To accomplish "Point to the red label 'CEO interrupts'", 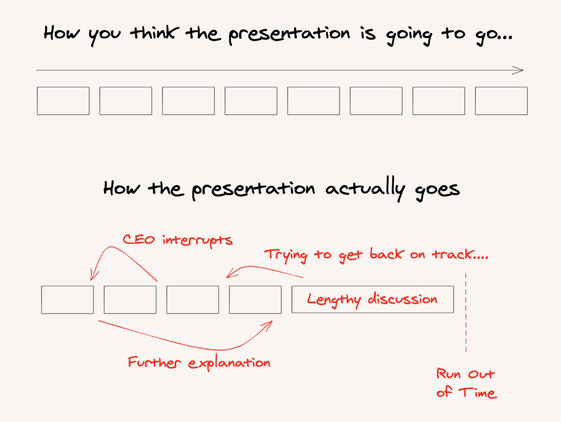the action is [178, 241].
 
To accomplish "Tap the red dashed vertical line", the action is [466, 313].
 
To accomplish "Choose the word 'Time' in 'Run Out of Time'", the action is [478, 392].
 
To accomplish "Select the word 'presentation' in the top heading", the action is [289, 35].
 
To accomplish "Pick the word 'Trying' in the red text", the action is [286, 255].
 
